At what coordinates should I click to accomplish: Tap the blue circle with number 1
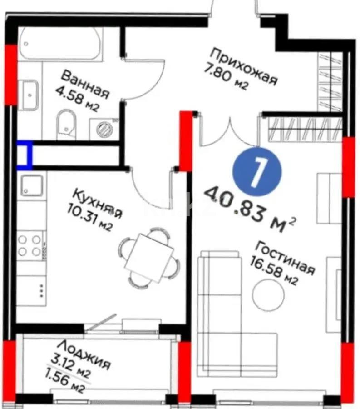pyautogui.click(x=257, y=172)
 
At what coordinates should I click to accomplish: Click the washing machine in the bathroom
pyautogui.click(x=105, y=128)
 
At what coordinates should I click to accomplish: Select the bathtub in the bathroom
pyautogui.click(x=62, y=44)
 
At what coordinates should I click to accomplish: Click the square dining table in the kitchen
pyautogui.click(x=149, y=257)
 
